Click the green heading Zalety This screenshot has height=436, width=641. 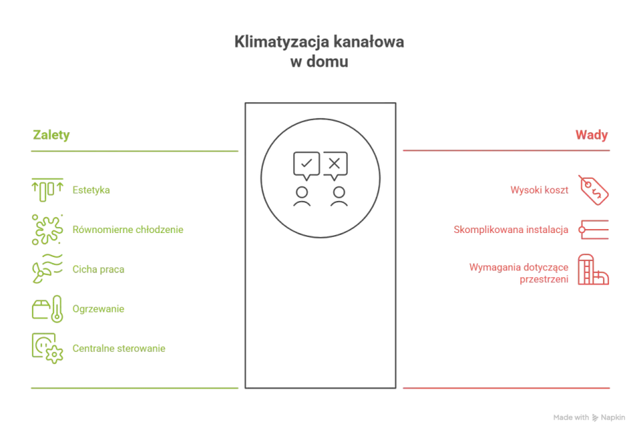point(51,136)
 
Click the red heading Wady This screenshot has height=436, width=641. point(592,135)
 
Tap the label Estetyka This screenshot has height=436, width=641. point(91,190)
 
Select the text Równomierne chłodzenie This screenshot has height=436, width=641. point(128,230)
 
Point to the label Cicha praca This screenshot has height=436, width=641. point(98,269)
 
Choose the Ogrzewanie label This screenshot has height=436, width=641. point(98,309)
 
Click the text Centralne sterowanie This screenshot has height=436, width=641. point(119,349)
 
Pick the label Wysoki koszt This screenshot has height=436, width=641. point(540,190)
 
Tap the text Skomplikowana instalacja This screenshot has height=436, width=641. point(511,230)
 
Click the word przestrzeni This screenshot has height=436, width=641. point(544,280)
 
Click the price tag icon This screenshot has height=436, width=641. point(594,190)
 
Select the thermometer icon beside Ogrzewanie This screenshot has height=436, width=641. point(57,309)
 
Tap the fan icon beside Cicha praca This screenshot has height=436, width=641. point(39,272)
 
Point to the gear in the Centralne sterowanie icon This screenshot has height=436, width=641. point(54,355)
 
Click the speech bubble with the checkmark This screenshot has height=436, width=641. point(306,166)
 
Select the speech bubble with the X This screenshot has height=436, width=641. point(335,166)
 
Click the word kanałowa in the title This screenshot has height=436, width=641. point(369,41)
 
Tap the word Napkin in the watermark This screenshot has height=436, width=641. point(613,417)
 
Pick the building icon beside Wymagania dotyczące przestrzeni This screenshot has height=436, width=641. point(593,269)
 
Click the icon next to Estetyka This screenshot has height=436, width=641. point(47,190)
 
